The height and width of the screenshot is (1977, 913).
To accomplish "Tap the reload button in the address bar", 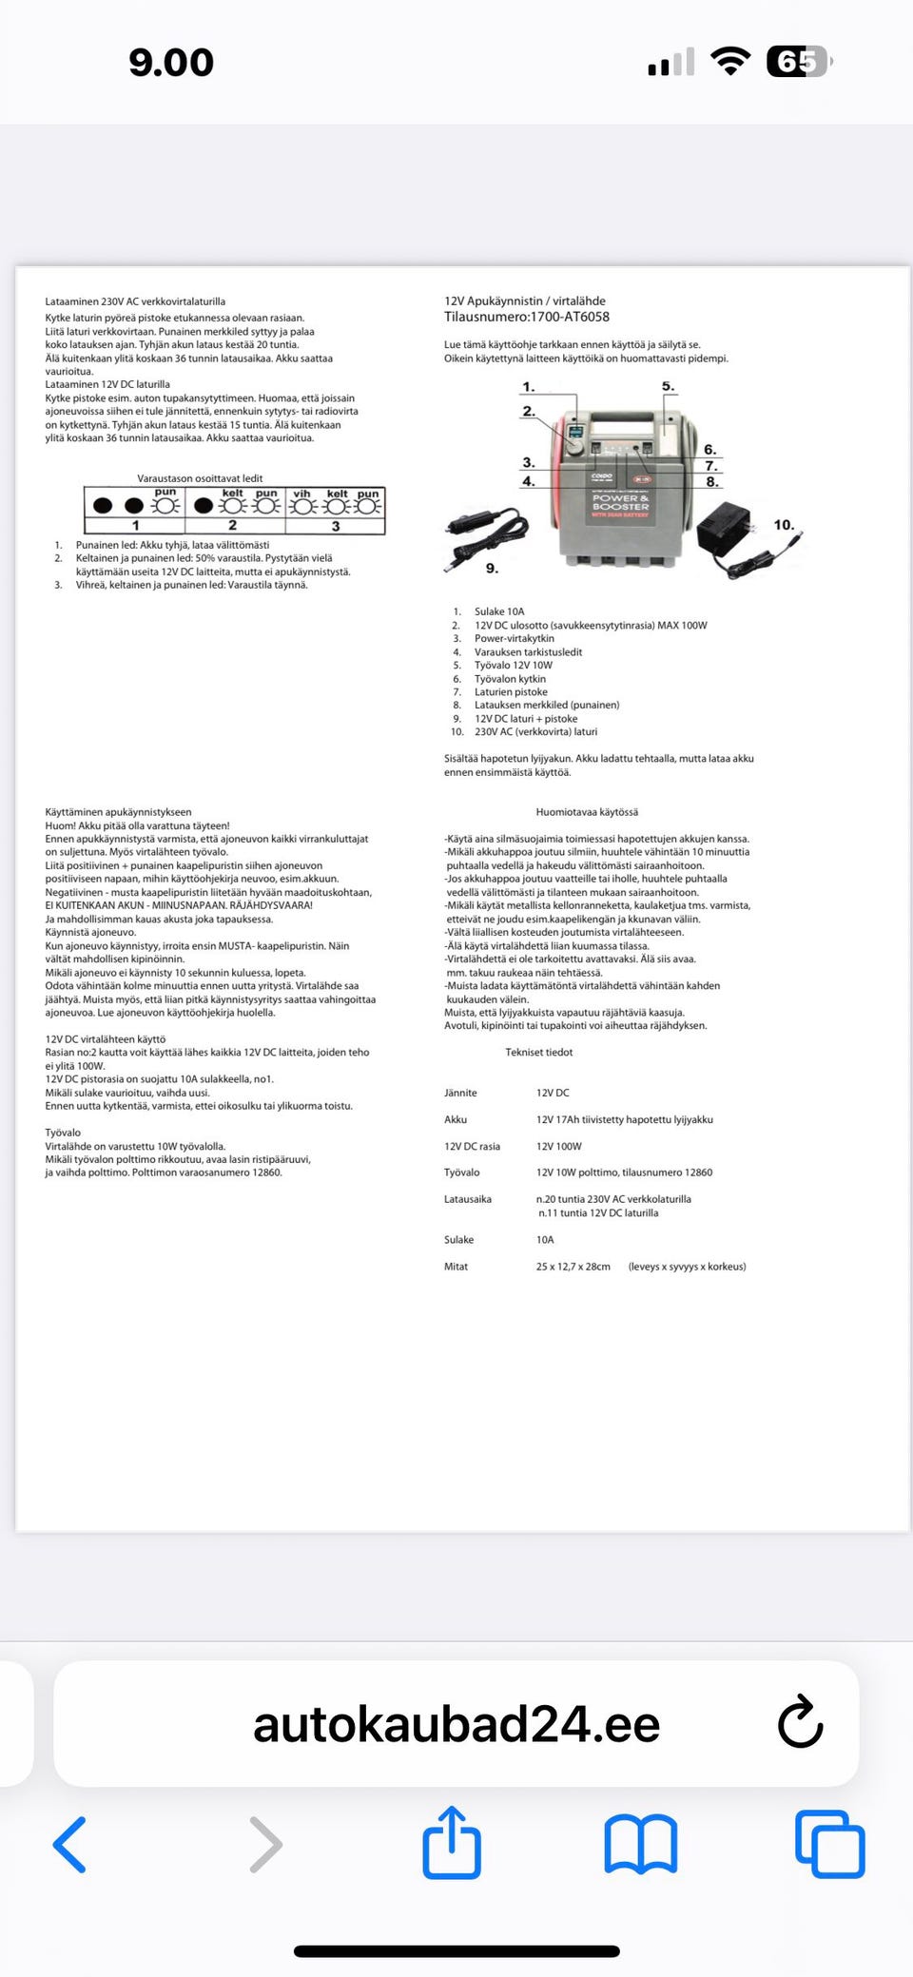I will [800, 1722].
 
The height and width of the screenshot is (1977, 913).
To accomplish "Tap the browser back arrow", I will [70, 1845].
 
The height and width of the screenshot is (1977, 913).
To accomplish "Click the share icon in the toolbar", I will [452, 1843].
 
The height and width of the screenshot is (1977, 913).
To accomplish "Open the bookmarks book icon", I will [641, 1845].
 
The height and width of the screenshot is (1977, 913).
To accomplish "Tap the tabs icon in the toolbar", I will [829, 1845].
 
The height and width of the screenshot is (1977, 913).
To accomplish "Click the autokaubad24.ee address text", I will [456, 1724].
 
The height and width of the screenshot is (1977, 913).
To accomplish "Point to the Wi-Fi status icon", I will [730, 62].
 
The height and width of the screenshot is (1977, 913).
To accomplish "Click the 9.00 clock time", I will [171, 63].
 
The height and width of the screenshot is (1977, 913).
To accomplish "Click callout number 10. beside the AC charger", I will [784, 525].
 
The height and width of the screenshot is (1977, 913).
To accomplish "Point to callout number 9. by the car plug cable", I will [492, 569].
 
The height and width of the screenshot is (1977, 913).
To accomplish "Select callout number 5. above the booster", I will [668, 386].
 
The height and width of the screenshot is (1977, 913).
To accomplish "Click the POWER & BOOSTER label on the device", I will [620, 502].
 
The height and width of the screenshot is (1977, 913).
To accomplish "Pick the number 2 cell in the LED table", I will [233, 525].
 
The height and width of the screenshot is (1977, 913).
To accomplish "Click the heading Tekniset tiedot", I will [539, 1052].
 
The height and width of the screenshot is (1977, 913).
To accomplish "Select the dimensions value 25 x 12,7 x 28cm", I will [573, 1267].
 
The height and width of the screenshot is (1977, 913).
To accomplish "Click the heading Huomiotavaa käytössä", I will [587, 812].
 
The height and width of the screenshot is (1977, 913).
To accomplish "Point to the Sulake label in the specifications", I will [458, 1240].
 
